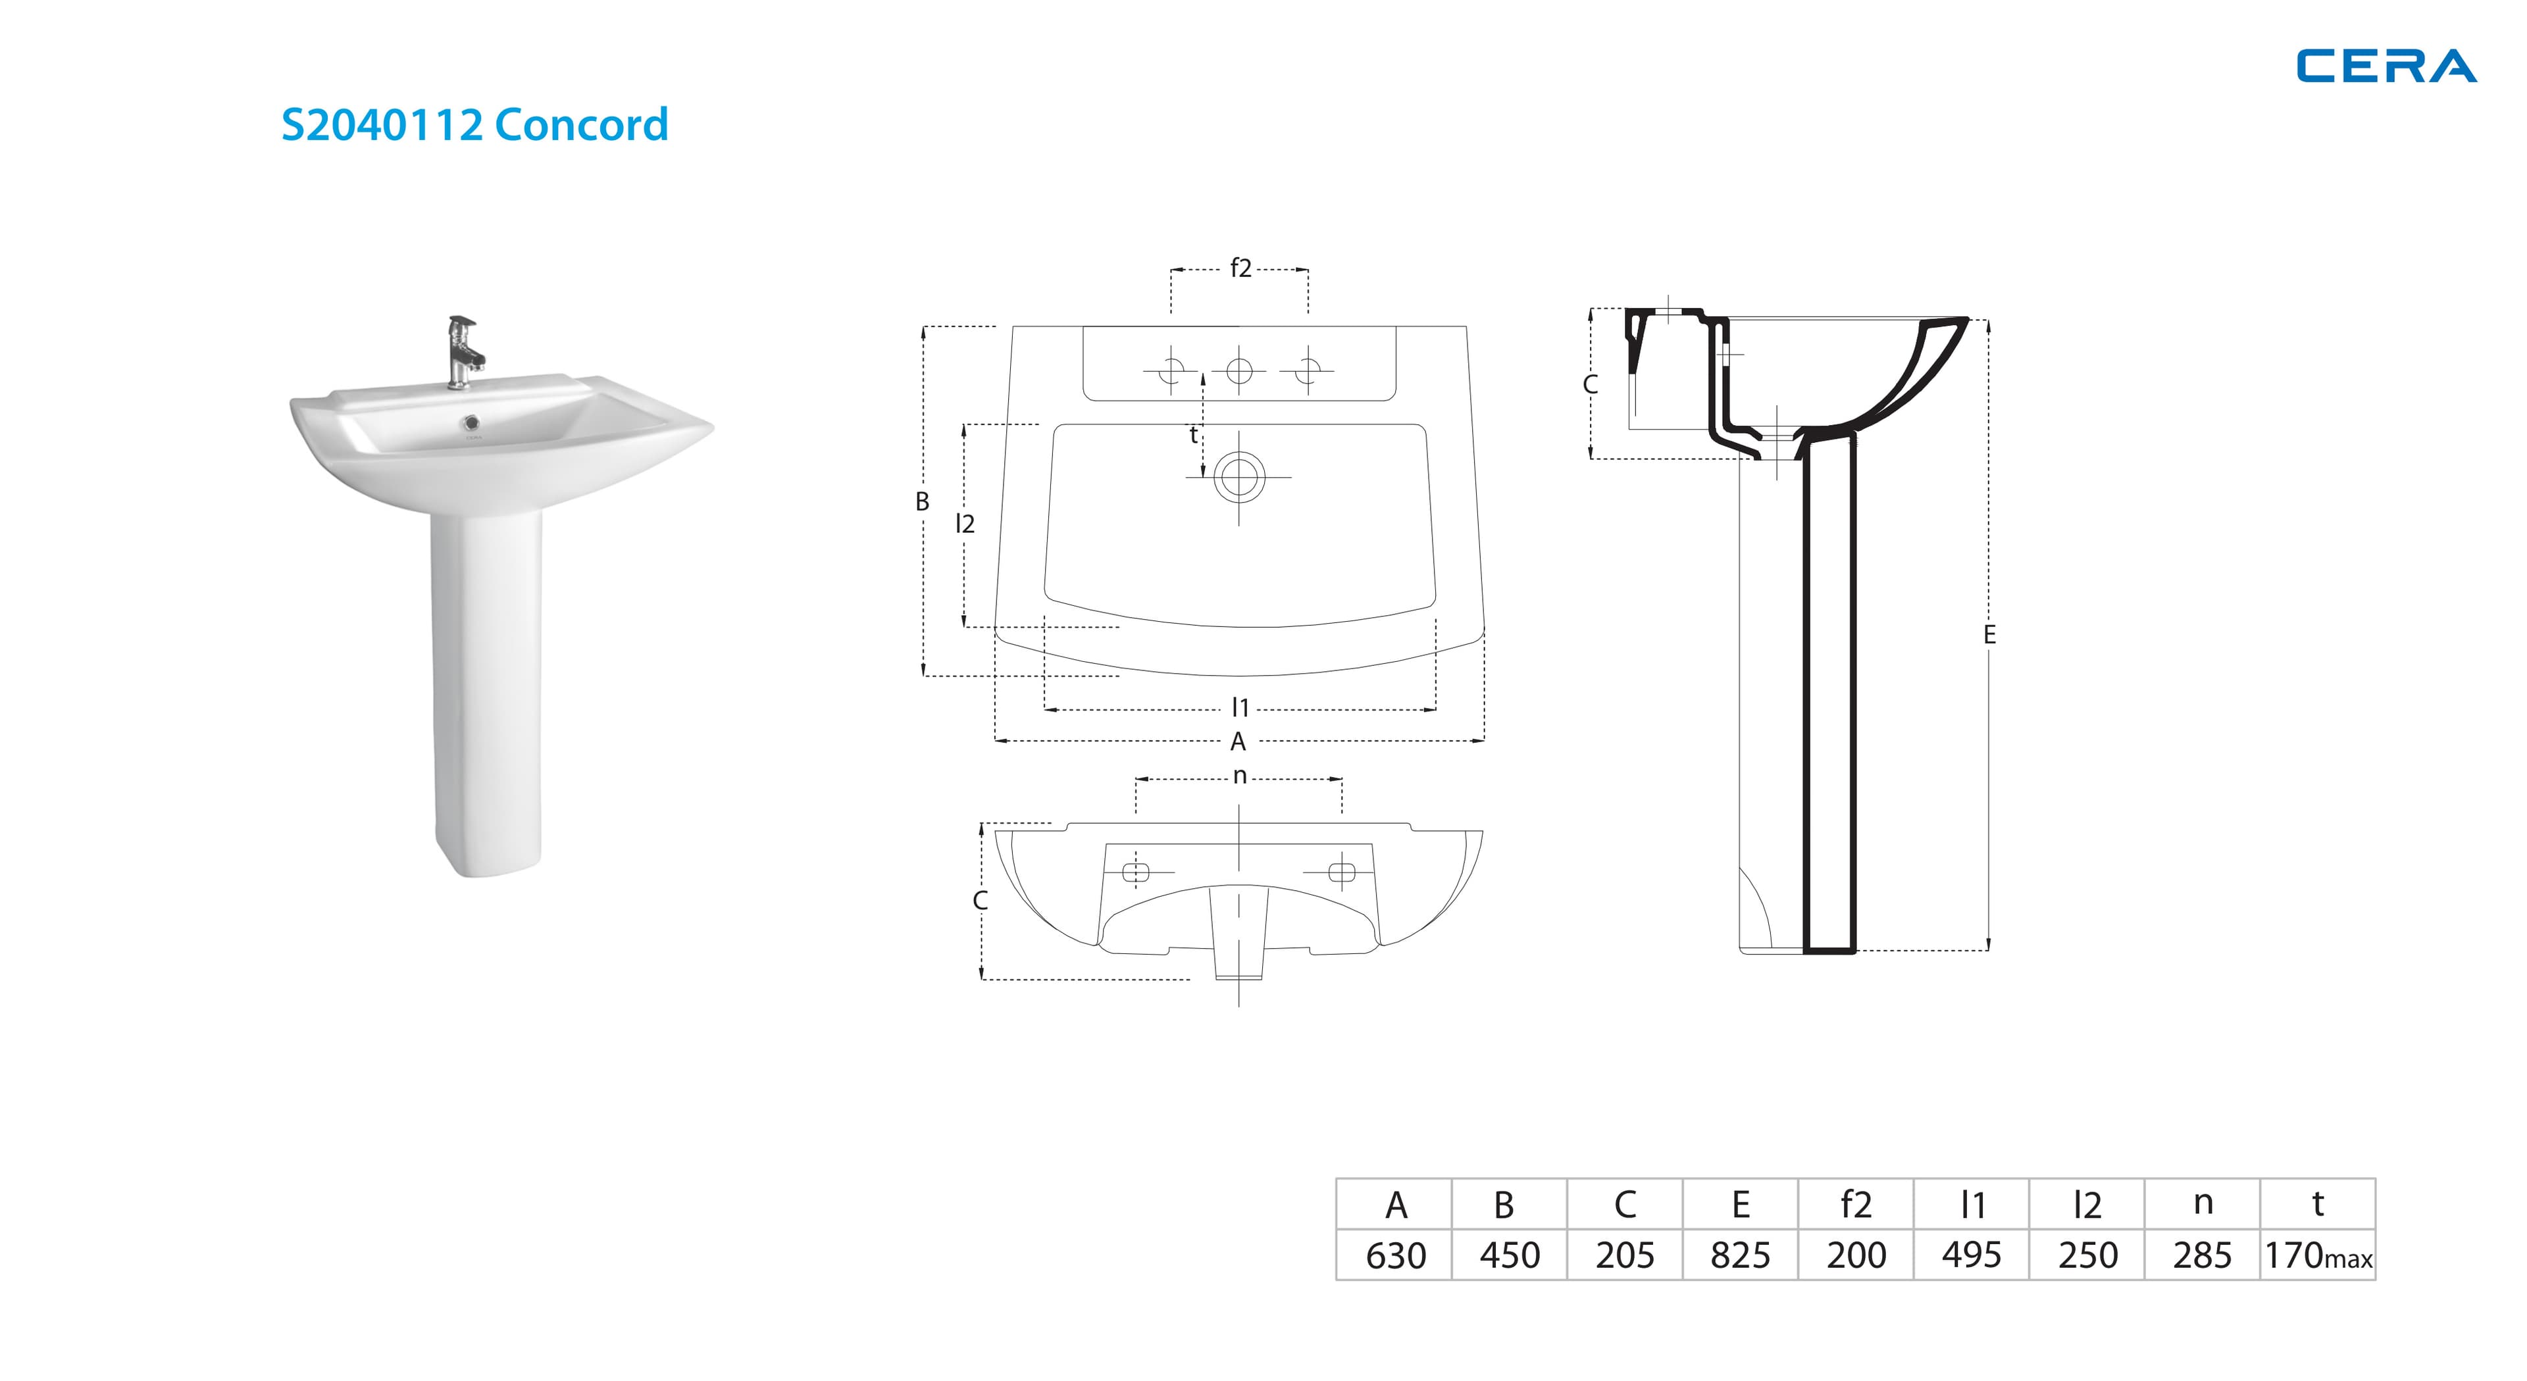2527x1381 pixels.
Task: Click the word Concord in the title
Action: tap(582, 124)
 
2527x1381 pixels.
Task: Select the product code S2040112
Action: tap(382, 124)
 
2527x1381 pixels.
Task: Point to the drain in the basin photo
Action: tap(474, 423)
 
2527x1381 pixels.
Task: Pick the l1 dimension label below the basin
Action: tap(1240, 707)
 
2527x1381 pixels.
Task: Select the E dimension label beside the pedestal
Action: tap(1989, 635)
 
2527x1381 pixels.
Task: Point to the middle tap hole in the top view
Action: tap(1239, 371)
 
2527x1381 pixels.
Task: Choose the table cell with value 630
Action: tap(1395, 1255)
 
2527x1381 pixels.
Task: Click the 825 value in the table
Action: tap(1740, 1255)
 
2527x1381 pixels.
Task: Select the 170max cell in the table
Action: tap(2318, 1255)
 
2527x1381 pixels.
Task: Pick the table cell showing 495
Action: tap(1971, 1255)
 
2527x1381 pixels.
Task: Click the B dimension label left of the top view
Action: tap(922, 501)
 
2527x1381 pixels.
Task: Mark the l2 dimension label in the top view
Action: tap(965, 524)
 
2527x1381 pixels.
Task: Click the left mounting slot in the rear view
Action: tap(1136, 872)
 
